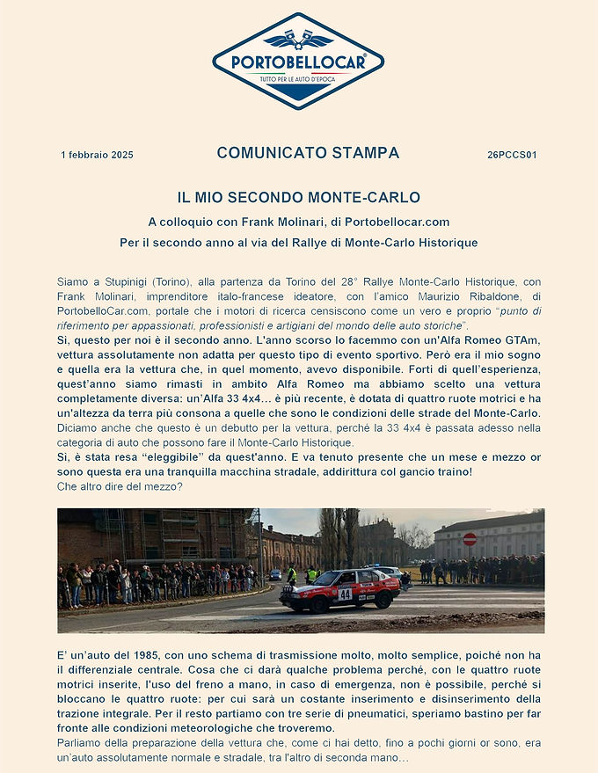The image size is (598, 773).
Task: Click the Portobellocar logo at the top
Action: click(298, 61)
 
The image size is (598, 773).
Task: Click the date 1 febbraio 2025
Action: click(97, 155)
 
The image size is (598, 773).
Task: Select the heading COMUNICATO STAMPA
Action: click(308, 153)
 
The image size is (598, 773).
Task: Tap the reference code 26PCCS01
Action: click(512, 155)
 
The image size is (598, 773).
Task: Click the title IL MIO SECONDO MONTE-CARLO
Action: click(298, 197)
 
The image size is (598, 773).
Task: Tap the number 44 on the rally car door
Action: click(345, 594)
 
